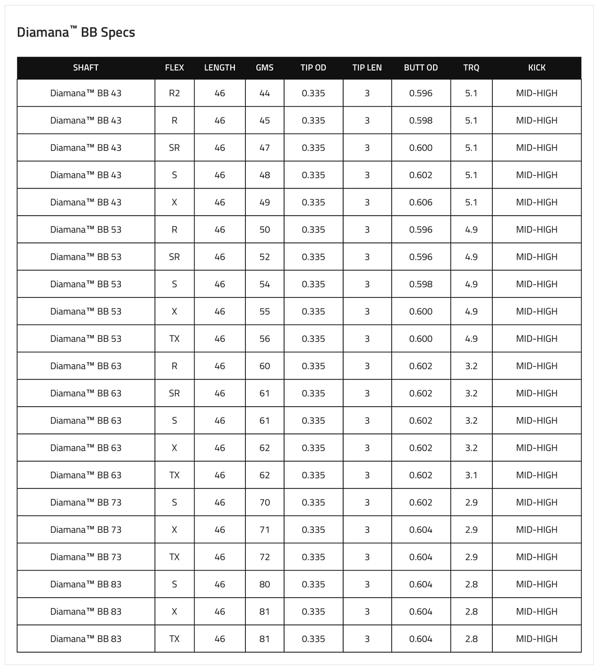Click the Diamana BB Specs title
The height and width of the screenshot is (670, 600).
tap(76, 32)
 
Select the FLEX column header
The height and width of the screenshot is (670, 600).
tap(174, 68)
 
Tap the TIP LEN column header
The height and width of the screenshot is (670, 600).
tap(367, 68)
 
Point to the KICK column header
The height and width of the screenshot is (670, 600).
tap(537, 68)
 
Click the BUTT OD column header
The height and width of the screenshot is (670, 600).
tap(421, 68)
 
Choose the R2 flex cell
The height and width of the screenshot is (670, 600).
tap(174, 93)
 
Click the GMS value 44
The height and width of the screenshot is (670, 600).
tap(265, 93)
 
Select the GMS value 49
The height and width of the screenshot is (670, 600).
tap(265, 202)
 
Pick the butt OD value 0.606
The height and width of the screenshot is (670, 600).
tap(421, 202)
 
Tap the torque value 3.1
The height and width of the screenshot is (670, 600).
tap(471, 475)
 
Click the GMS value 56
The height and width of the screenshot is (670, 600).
tap(265, 339)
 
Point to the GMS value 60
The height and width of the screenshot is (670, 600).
tap(265, 366)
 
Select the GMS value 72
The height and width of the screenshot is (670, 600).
tap(265, 557)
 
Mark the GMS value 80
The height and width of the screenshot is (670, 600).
tap(265, 584)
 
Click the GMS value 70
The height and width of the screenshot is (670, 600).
tap(265, 502)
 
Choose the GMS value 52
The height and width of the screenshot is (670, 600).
tap(265, 257)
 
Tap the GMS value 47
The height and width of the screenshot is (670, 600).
tap(265, 148)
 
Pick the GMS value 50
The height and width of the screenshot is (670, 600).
tap(265, 229)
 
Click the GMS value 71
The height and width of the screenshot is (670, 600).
tap(265, 530)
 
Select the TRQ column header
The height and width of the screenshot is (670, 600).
tap(471, 68)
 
